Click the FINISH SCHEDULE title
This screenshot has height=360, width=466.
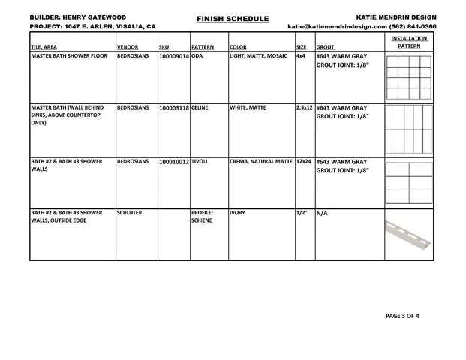233,18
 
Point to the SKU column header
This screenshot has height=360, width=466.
164,46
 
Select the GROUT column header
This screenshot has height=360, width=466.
325,46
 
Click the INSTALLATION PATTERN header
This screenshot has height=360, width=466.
409,42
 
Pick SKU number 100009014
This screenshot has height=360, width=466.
174,56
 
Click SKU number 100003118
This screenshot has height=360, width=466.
174,107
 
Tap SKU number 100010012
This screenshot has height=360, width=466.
174,161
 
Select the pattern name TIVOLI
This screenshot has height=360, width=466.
200,161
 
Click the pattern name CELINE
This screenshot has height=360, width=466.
200,107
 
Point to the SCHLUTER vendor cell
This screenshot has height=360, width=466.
129,213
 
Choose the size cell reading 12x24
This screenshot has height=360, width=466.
304,161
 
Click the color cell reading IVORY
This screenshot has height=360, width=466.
237,213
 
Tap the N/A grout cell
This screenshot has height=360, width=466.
322,213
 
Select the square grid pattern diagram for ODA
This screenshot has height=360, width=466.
409,78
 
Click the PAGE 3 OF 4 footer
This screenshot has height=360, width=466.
402,316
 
